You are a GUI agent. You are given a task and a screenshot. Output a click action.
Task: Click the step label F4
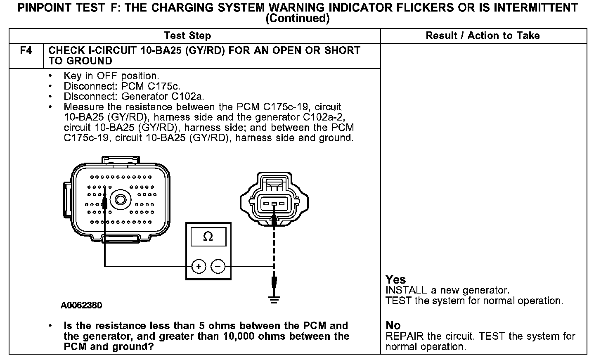(26, 51)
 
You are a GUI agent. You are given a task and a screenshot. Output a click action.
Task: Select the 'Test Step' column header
(187, 36)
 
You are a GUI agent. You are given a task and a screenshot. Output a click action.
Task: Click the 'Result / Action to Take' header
(483, 36)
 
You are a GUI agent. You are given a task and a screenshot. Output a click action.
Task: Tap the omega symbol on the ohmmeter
(208, 237)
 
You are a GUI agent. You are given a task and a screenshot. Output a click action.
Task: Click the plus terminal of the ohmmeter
(199, 266)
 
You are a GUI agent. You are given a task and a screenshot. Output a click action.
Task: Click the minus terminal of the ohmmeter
(218, 266)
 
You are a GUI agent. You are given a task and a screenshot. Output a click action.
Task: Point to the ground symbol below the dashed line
(274, 299)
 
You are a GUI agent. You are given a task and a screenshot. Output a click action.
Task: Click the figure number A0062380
(81, 306)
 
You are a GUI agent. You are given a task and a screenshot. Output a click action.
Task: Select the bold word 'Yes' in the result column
(395, 279)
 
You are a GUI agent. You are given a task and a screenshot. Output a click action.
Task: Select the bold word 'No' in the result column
(393, 325)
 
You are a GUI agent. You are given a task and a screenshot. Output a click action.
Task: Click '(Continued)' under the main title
(297, 19)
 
